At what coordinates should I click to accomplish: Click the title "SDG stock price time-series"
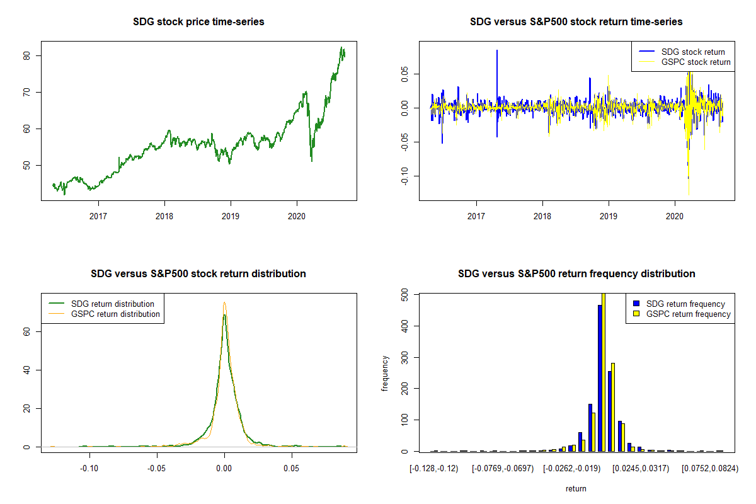[x=198, y=22]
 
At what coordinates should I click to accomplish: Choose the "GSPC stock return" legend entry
[x=696, y=62]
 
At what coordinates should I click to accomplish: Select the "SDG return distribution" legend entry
[x=113, y=304]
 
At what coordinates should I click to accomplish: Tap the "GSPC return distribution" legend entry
[x=115, y=314]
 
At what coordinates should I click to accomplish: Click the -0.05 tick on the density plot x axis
[x=156, y=469]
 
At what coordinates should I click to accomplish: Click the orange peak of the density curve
[x=224, y=303]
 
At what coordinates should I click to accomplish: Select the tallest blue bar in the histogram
[x=600, y=378]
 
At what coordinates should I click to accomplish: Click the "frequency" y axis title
[x=386, y=373]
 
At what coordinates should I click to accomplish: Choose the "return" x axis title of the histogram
[x=576, y=488]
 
